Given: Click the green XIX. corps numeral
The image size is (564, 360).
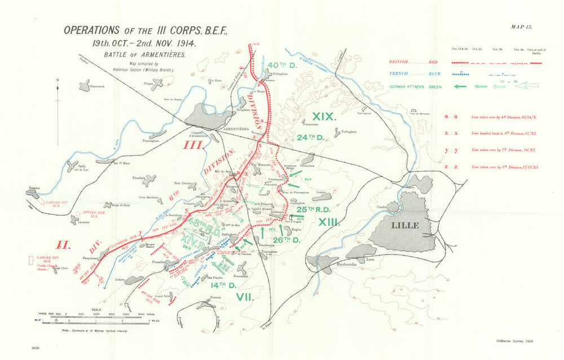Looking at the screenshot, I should pyautogui.click(x=324, y=117).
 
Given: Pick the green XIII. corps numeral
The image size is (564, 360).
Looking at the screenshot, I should pyautogui.click(x=330, y=223).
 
